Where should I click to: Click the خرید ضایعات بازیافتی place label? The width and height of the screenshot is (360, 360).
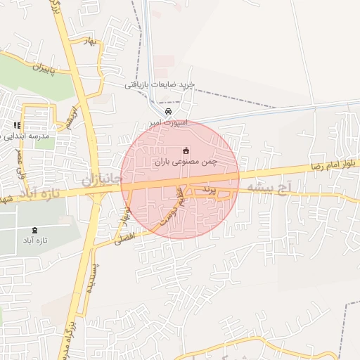(x=159, y=85)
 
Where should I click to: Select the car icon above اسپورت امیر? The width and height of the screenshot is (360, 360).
(x=167, y=112)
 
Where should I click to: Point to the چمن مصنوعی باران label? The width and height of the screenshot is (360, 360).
(x=186, y=162)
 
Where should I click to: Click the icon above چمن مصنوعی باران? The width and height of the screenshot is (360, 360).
(x=186, y=150)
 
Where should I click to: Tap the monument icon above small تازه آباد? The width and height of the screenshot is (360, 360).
(x=36, y=230)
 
